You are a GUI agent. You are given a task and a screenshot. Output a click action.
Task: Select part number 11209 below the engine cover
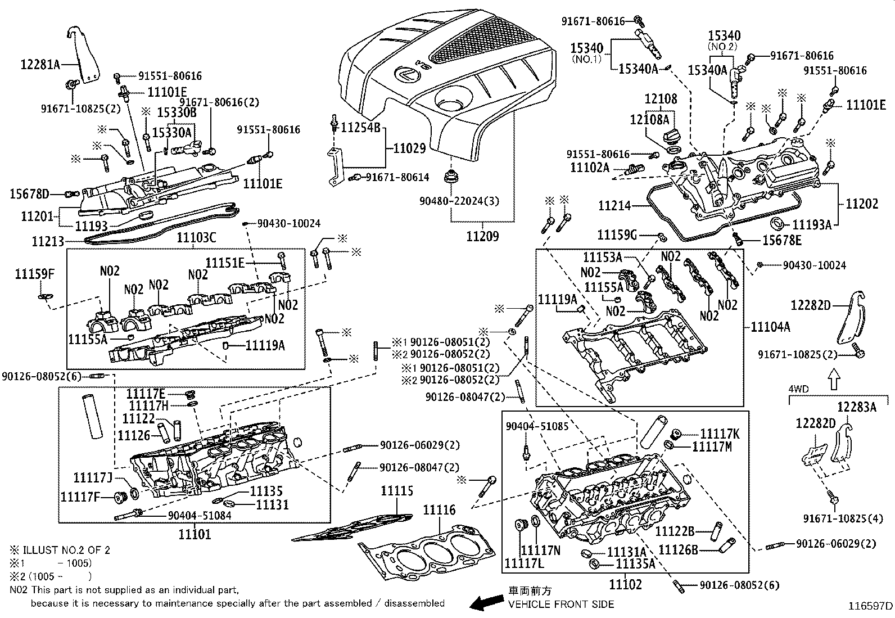pos(482,236)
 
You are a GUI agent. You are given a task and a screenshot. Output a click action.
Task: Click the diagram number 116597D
pos(870,606)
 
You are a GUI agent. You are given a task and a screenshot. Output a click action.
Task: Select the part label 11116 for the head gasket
pos(439,510)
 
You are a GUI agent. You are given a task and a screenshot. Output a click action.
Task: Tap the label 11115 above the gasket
pos(396,491)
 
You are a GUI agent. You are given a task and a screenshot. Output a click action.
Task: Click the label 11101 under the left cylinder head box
pos(195,534)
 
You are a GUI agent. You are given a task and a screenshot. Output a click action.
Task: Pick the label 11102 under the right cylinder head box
pos(626,584)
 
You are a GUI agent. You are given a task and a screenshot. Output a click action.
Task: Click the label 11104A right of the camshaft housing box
pos(770,327)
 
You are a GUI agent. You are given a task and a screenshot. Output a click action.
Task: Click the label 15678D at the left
pos(29,195)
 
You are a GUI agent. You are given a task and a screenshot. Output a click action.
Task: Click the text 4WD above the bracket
pos(798,389)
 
